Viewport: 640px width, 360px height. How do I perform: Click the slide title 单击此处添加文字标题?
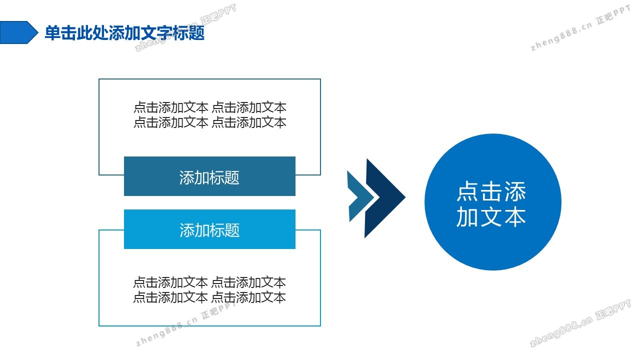pyautogui.click(x=124, y=32)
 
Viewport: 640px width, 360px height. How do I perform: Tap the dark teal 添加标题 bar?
pyautogui.click(x=209, y=176)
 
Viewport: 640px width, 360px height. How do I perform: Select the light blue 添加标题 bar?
pyautogui.click(x=209, y=229)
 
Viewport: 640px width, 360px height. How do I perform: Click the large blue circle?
pyautogui.click(x=493, y=202)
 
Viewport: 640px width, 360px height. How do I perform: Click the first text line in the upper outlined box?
pyautogui.click(x=209, y=107)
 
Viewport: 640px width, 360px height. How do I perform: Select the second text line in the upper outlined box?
pyautogui.click(x=209, y=122)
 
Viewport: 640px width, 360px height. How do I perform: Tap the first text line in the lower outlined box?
pyautogui.click(x=209, y=282)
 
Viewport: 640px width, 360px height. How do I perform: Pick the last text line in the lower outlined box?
pyautogui.click(x=209, y=297)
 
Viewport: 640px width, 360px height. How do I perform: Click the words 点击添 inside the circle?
pyautogui.click(x=491, y=191)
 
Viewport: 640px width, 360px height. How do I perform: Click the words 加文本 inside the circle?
pyautogui.click(x=491, y=217)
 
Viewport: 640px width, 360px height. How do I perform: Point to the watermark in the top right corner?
pyautogui.click(x=580, y=28)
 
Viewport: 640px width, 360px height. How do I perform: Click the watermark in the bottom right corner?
pyautogui.click(x=580, y=323)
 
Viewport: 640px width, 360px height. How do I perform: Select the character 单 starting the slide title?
pyautogui.click(x=52, y=33)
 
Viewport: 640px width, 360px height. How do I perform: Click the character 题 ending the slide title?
pyautogui.click(x=197, y=33)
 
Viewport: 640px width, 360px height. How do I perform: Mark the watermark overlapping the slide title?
pyautogui.click(x=185, y=28)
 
